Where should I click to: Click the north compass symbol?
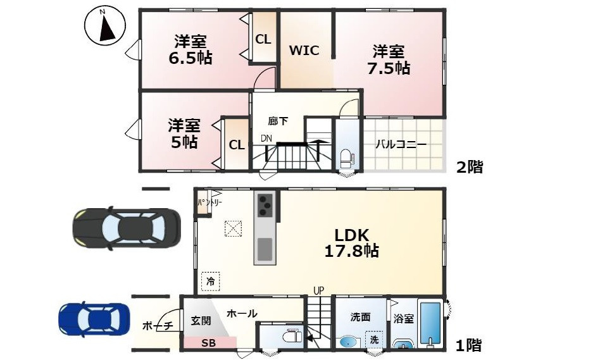pos(103,26)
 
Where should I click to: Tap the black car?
pos(127,226)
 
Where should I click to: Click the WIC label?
pos(304,51)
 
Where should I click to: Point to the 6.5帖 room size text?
pos(190,58)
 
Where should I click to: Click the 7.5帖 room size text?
pos(389,68)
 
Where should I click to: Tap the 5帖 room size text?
pos(184,142)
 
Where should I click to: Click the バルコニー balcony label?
pos(401,144)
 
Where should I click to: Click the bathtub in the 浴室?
pos(430,324)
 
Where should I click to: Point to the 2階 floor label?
pos(470,167)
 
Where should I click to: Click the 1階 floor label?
pos(468,345)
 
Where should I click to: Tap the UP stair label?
pos(318,290)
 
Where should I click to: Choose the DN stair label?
pos(266,139)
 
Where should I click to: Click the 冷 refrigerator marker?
pos(210,280)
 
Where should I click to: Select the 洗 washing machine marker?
pos(374,339)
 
